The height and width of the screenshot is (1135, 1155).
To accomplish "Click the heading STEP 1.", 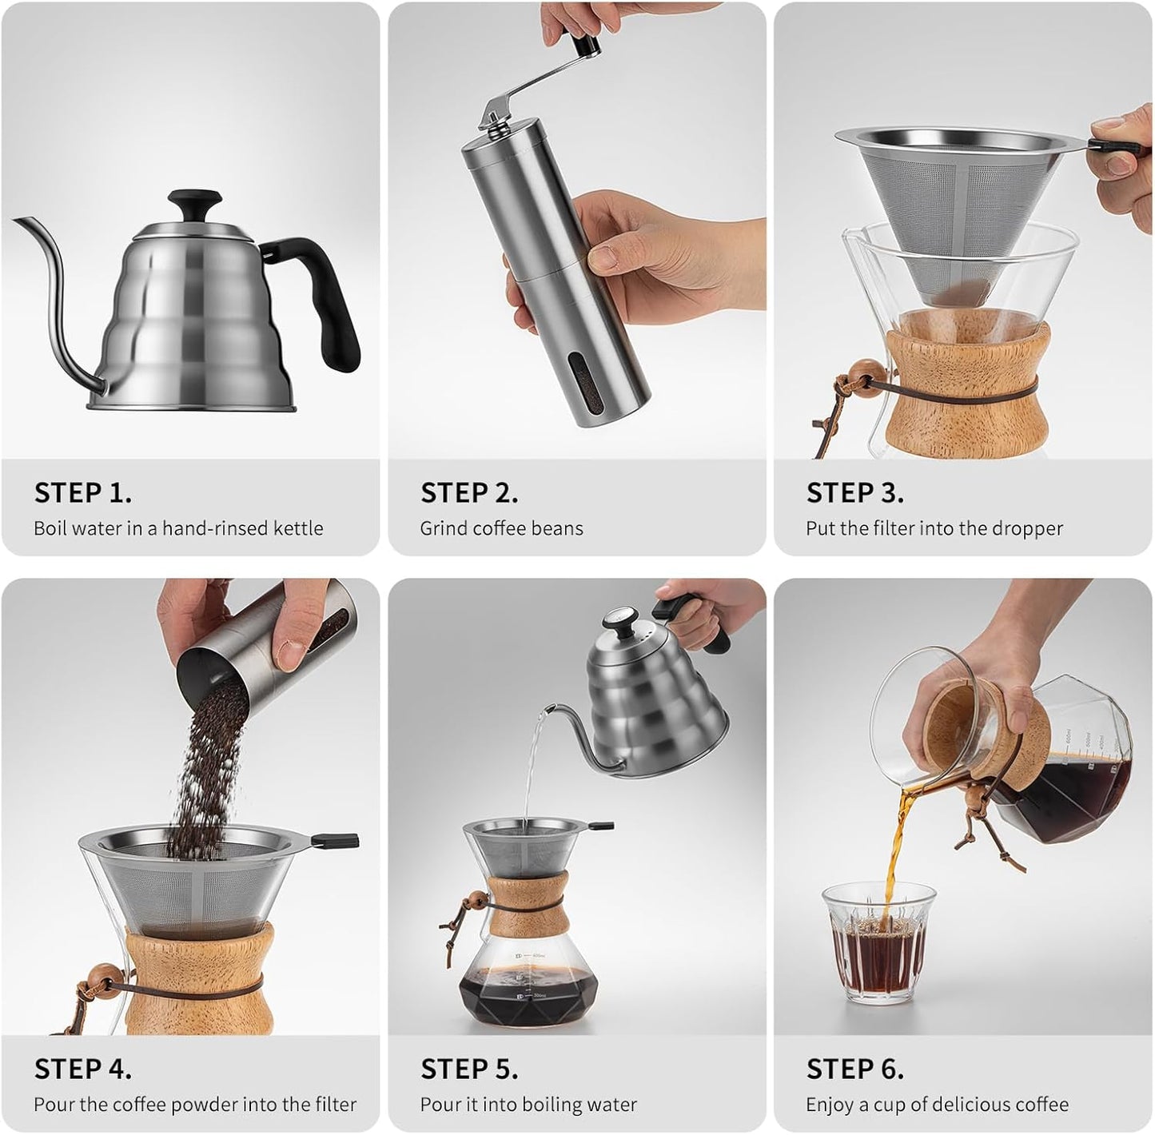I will [x=82, y=492].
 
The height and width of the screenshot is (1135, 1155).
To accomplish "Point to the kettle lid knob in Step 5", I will [x=617, y=619].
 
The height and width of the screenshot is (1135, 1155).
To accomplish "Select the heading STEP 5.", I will [x=468, y=1069].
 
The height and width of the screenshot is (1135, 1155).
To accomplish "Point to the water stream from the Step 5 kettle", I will [x=532, y=767].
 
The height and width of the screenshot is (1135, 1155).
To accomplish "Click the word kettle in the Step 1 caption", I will [x=298, y=528].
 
